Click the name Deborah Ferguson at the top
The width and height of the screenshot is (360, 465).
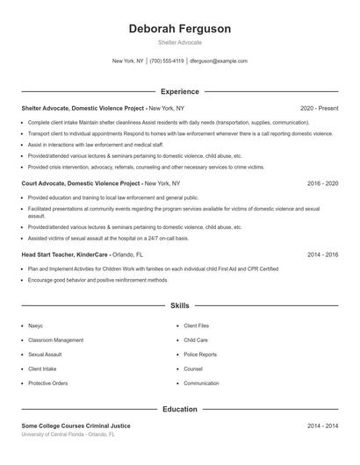pyautogui.click(x=180, y=29)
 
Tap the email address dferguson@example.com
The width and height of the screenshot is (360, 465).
pyautogui.click(x=219, y=61)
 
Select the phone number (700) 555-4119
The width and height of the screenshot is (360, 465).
pyautogui.click(x=167, y=61)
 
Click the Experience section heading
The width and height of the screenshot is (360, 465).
pyautogui.click(x=180, y=91)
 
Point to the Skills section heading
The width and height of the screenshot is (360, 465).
pyautogui.click(x=180, y=306)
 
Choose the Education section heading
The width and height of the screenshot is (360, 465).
pyautogui.click(x=180, y=409)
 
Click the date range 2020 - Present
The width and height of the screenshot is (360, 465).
pyautogui.click(x=319, y=108)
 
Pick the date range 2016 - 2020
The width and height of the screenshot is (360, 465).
pyautogui.click(x=322, y=184)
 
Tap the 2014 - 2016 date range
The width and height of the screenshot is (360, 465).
pyautogui.click(x=322, y=254)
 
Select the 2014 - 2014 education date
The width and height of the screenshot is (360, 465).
pyautogui.click(x=322, y=426)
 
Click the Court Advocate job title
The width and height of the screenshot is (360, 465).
pyautogui.click(x=82, y=184)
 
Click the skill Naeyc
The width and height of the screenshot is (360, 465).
pyautogui.click(x=36, y=325)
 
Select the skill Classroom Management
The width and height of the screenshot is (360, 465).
pyautogui.click(x=56, y=340)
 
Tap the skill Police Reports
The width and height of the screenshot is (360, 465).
pyautogui.click(x=200, y=354)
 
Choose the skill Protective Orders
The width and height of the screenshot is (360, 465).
pyautogui.click(x=48, y=383)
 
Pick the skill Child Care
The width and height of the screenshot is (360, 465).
pyautogui.click(x=196, y=340)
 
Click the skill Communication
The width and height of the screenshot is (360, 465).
pyautogui.click(x=201, y=383)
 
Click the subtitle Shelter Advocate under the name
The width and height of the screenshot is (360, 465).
pyautogui.click(x=180, y=42)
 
